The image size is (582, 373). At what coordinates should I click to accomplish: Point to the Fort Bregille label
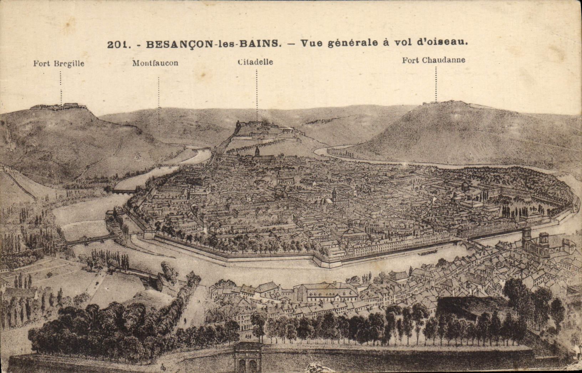click(59, 63)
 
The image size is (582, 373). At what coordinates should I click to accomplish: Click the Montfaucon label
click(155, 63)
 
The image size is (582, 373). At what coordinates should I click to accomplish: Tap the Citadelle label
click(255, 62)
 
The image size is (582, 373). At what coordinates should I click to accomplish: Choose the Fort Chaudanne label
click(434, 60)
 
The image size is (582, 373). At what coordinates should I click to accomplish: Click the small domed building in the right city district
click(465, 185)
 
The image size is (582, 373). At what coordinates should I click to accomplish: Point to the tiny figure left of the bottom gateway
click(163, 367)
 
